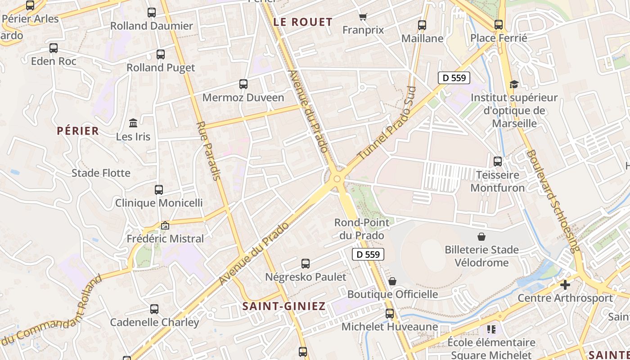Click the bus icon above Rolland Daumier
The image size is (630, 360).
(x=152, y=13)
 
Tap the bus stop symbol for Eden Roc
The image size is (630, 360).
(x=54, y=48)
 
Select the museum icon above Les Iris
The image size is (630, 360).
(x=133, y=123)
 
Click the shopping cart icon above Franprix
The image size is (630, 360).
(x=363, y=17)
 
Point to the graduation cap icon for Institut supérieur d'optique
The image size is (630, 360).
(x=514, y=84)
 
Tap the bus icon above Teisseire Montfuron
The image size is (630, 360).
(x=498, y=161)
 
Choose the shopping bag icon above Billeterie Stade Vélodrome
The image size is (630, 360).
(x=481, y=236)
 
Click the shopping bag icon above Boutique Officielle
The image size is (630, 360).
(x=392, y=281)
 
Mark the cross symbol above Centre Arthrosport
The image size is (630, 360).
(x=565, y=284)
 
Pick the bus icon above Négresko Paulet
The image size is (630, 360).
(x=306, y=264)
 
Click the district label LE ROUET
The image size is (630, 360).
(x=303, y=22)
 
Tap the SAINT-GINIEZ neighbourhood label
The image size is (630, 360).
(x=284, y=306)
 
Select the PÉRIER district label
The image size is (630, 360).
(x=78, y=131)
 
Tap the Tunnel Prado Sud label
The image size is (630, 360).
(x=387, y=123)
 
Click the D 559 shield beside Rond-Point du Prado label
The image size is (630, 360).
(x=368, y=254)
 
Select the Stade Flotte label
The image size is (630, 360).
(x=101, y=173)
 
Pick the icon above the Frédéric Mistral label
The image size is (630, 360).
(x=165, y=225)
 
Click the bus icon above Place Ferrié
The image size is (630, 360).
(x=499, y=25)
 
